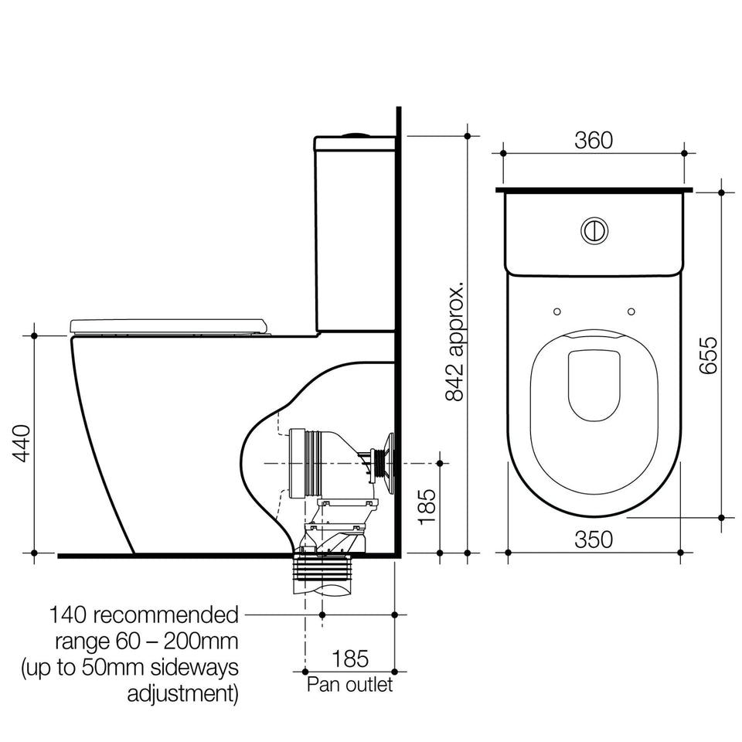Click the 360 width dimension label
coord(594,140)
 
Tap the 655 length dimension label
coord(709,356)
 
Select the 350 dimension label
coord(594,539)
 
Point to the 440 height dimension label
coord(22,444)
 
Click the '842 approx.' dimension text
coord(454,342)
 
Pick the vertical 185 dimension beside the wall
coord(427,507)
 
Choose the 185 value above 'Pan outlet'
coord(350,659)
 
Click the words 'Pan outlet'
coord(349,684)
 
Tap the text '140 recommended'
coord(144,615)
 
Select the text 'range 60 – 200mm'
coord(147,642)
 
